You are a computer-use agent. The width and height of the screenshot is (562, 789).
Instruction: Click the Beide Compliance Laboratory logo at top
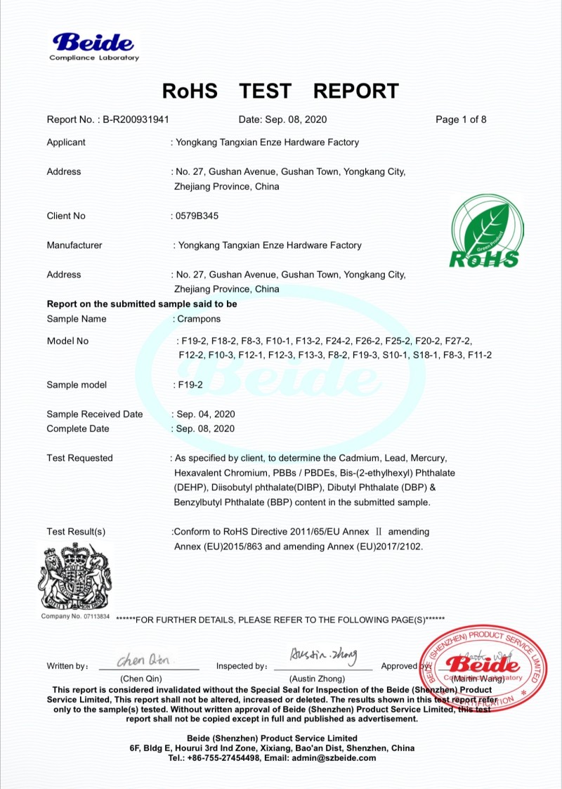[94, 46]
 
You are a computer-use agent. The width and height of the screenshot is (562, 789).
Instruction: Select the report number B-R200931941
[136, 119]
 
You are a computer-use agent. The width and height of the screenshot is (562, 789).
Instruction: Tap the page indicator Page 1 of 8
[461, 119]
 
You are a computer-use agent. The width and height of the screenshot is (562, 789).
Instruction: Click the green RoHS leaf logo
[484, 232]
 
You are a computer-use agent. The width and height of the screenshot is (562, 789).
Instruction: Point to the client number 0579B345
[196, 216]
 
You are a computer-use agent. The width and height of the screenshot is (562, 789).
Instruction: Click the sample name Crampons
[199, 319]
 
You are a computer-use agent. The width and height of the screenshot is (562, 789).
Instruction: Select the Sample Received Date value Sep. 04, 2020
[204, 414]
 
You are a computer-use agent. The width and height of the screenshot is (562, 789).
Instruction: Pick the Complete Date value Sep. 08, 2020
[204, 429]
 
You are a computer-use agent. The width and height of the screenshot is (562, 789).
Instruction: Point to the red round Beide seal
[483, 668]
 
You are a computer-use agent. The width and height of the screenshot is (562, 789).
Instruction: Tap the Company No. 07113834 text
[75, 616]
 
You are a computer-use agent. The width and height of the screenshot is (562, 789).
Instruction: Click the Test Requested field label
[79, 458]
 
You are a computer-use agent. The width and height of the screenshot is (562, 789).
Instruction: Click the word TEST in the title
[265, 91]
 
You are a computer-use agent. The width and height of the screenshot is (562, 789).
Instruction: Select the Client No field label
[66, 216]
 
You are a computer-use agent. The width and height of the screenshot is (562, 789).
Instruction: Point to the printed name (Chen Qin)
[141, 679]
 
